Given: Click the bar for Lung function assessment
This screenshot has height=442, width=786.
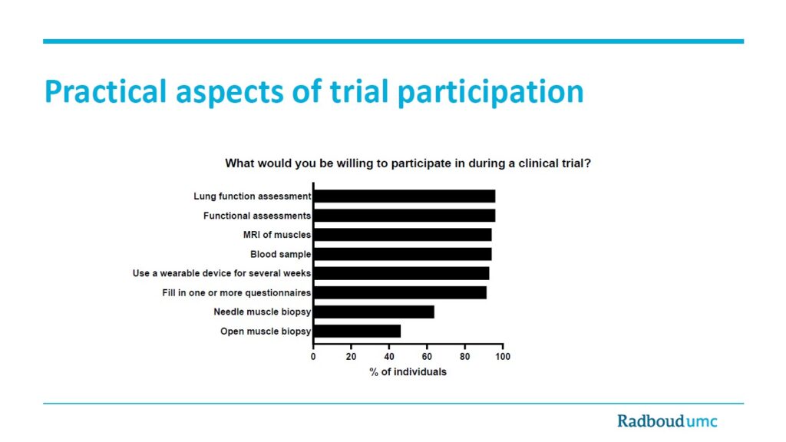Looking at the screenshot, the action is pyautogui.click(x=405, y=196).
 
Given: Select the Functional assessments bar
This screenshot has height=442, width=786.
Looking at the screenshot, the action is pyautogui.click(x=405, y=216).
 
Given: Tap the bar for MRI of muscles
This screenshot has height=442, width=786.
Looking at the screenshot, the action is pyautogui.click(x=403, y=235).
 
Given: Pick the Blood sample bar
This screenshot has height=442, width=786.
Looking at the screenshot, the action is pyautogui.click(x=403, y=254).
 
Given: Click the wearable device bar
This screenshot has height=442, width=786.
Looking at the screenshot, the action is pyautogui.click(x=401, y=273).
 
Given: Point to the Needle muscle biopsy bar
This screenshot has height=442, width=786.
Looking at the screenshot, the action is pyautogui.click(x=375, y=312).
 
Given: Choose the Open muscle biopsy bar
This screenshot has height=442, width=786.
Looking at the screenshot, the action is pyautogui.click(x=358, y=331).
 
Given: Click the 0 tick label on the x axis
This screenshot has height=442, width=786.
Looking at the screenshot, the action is pyautogui.click(x=313, y=357).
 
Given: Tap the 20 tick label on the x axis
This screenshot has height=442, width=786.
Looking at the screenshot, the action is pyautogui.click(x=351, y=357).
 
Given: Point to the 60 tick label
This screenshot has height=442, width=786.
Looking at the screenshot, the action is pyautogui.click(x=427, y=357).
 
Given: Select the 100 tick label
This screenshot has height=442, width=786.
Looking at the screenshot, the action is pyautogui.click(x=503, y=357).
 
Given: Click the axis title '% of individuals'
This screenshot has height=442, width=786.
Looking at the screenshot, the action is pyautogui.click(x=408, y=372).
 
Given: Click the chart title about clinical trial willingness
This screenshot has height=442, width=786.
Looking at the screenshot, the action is pyautogui.click(x=408, y=163).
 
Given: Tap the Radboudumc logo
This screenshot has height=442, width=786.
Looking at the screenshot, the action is pyautogui.click(x=667, y=421).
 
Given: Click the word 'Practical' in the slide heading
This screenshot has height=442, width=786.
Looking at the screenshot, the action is pyautogui.click(x=105, y=91).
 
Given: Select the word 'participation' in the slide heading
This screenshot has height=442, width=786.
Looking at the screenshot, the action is pyautogui.click(x=490, y=93).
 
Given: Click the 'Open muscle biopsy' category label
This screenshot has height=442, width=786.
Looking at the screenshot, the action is pyautogui.click(x=266, y=331).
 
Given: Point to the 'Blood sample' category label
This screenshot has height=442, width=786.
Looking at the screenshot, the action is pyautogui.click(x=281, y=254).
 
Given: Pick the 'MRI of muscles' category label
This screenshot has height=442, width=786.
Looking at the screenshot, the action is pyautogui.click(x=277, y=235).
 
